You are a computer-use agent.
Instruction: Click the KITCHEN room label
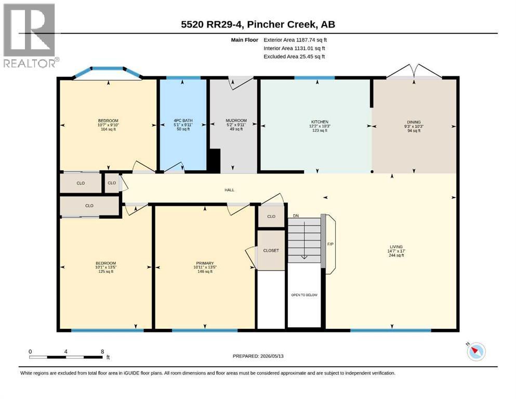coord(320,122)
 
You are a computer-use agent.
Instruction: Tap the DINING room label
coord(414,122)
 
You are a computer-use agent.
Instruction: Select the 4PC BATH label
coord(183,121)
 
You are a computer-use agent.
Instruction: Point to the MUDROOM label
coord(236,121)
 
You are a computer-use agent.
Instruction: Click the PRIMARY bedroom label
coord(205,263)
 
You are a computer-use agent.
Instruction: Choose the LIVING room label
coord(396,247)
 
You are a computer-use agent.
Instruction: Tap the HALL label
coord(229,190)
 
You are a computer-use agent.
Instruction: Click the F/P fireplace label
coord(330,244)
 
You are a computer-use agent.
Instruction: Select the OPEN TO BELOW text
coord(304,295)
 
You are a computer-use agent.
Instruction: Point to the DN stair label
coord(296,216)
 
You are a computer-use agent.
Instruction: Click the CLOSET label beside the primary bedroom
coord(271,250)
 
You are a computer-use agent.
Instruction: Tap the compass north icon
coord(476,351)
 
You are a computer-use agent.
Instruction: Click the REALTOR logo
coord(30,35)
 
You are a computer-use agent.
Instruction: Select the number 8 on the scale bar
coord(102,352)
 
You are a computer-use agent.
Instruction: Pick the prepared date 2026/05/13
coord(272,356)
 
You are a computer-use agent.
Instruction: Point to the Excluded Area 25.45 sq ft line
coord(294,57)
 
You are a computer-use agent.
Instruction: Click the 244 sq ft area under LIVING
coord(396,255)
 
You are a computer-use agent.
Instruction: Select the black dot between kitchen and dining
coord(372,171)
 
